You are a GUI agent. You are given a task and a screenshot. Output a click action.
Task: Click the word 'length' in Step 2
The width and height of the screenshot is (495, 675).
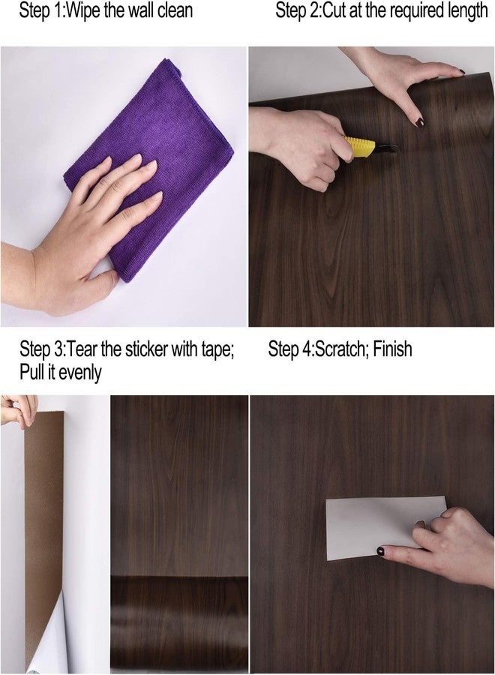(465, 11)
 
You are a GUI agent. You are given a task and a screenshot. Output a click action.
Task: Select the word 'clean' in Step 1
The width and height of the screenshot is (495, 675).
(174, 11)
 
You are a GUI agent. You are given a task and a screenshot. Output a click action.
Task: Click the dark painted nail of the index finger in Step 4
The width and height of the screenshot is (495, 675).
(382, 551)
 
